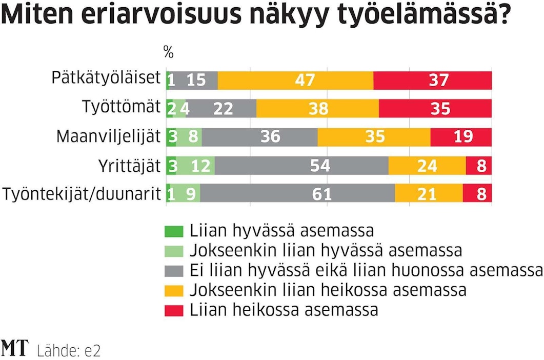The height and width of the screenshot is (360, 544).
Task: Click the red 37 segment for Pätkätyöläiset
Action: pyautogui.click(x=433, y=81)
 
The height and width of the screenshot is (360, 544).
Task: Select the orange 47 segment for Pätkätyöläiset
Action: pyautogui.click(x=296, y=81)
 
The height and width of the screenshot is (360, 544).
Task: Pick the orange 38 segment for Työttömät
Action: pyautogui.click(x=317, y=109)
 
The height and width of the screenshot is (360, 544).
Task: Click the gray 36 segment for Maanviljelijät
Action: pyautogui.click(x=260, y=137)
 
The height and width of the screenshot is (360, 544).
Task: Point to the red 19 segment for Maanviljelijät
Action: pyautogui.click(x=461, y=137)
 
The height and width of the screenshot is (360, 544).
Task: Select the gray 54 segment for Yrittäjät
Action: pyautogui.click(x=301, y=166)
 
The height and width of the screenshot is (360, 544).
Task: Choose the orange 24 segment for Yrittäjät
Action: pyautogui.click(x=427, y=166)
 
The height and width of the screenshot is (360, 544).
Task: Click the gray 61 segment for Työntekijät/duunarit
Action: pyautogui.click(x=297, y=194)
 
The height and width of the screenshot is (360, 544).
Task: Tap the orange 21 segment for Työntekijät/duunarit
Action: pyautogui.click(x=429, y=194)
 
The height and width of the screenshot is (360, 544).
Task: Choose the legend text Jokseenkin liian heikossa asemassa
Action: pyautogui.click(x=328, y=290)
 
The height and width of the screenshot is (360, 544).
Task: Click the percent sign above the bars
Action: pyautogui.click(x=168, y=52)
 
